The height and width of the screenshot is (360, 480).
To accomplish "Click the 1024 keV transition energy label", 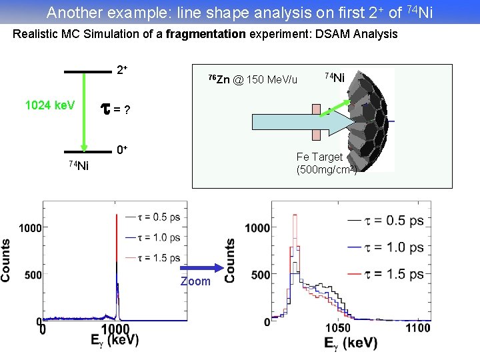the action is [50, 105].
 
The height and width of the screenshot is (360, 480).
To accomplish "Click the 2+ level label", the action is [122, 70].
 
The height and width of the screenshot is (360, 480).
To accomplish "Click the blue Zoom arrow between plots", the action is [196, 269].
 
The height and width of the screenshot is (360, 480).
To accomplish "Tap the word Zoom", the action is [195, 281].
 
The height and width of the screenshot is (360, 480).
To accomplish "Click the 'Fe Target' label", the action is [319, 157].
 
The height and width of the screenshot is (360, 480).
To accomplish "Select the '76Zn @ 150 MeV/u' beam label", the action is [253, 80].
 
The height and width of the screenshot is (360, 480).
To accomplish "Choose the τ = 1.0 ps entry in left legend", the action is [157, 237].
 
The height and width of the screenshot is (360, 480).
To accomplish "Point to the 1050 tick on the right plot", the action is [338, 327].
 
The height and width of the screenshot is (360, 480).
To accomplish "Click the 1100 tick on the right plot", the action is [418, 327].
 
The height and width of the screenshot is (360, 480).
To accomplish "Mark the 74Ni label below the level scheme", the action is [79, 165].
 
